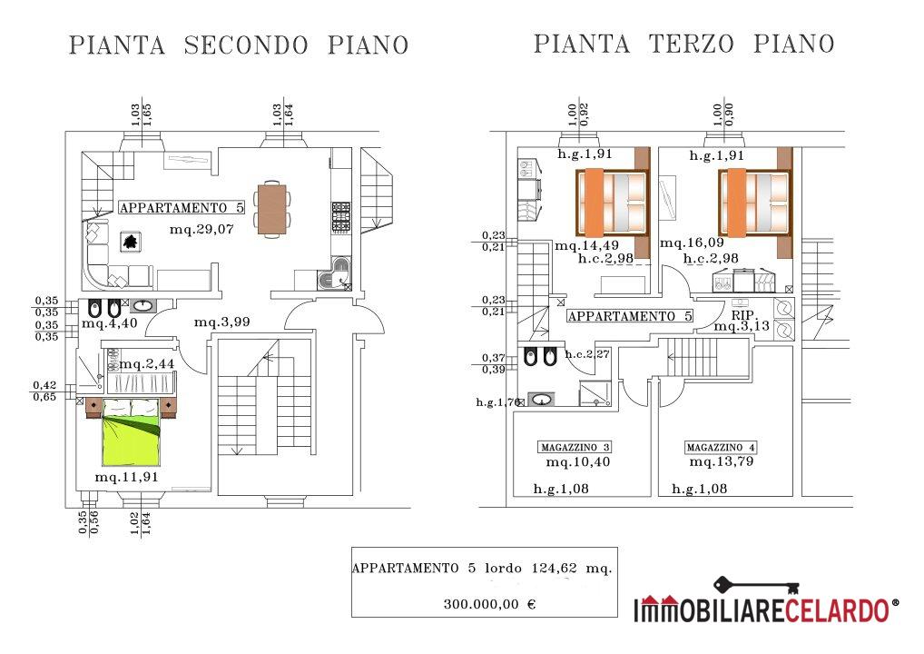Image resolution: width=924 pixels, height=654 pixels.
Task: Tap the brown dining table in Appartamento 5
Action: tap(271, 209)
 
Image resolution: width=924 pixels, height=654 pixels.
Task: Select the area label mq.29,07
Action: tap(202, 229)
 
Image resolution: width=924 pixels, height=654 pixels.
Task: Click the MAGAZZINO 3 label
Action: tap(575, 447)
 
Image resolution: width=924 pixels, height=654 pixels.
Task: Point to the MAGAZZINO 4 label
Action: tap(720, 447)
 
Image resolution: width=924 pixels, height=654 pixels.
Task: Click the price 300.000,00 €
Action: tap(490, 604)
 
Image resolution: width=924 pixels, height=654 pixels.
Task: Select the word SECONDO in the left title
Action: tap(246, 45)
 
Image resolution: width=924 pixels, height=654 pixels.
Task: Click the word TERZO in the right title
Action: tap(692, 45)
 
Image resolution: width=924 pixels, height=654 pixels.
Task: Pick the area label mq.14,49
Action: tap(587, 245)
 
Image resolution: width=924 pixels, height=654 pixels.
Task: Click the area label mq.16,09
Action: tap(692, 243)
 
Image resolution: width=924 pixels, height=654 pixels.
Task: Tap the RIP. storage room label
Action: tap(743, 315)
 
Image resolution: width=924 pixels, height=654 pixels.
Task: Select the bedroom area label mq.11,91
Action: tap(127, 477)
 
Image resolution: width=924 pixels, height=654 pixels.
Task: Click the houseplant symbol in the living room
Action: tap(131, 242)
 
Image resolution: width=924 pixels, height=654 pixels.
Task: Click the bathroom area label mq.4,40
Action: tap(110, 323)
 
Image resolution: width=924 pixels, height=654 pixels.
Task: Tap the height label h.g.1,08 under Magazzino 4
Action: tap(700, 489)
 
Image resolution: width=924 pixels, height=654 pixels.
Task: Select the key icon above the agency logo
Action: tap(757, 586)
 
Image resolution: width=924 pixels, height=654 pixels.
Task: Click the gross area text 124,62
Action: tap(554, 569)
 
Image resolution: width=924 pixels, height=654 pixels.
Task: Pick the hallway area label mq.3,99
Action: tap(222, 322)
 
